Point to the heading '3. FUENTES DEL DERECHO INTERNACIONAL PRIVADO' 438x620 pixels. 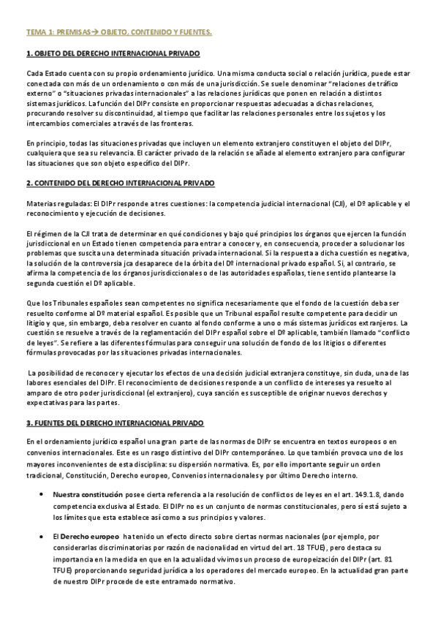coord(115,424)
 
